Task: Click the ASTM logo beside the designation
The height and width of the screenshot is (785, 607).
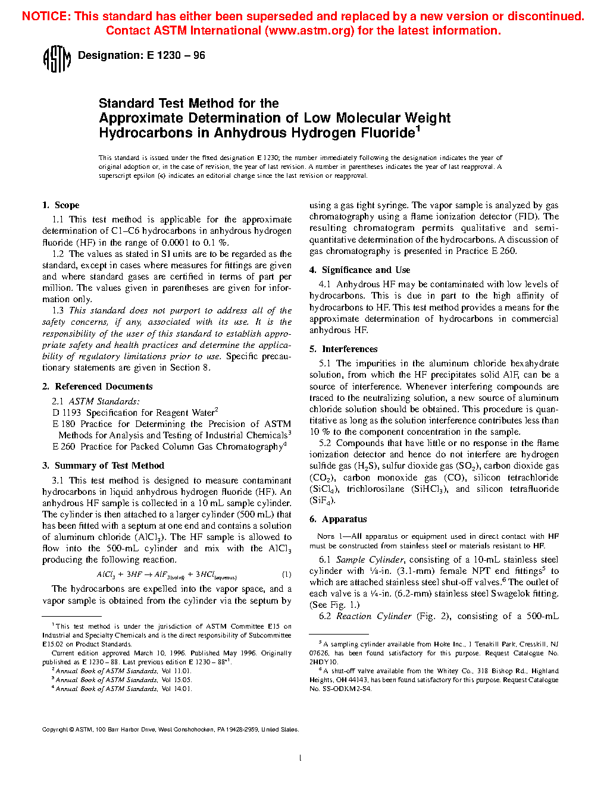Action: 57,59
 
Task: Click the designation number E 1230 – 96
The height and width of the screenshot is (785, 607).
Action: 176,55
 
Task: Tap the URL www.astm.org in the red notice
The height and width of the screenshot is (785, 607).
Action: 309,30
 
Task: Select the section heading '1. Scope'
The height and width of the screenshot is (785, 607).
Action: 61,205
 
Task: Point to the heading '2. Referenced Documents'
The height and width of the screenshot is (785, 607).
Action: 98,387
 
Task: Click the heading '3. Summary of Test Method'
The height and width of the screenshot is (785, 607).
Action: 103,466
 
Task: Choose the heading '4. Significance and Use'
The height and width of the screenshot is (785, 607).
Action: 359,270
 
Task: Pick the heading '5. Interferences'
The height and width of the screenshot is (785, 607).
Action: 343,349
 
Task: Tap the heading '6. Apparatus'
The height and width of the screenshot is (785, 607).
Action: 338,519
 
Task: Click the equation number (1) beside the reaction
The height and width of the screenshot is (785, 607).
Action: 286,574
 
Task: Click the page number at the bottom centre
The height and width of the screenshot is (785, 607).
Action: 300,758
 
